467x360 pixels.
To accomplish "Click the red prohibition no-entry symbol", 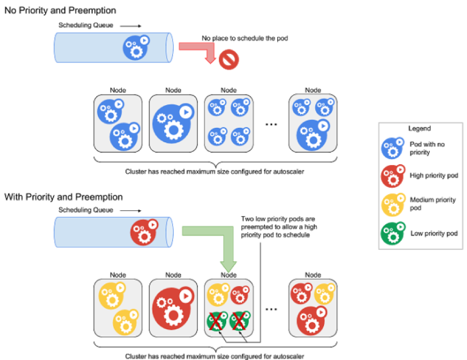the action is (x=229, y=60).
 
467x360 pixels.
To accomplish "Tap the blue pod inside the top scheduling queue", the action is (x=136, y=48).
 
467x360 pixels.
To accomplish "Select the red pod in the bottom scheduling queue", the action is (x=144, y=233).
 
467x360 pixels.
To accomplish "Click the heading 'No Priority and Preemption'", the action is (x=60, y=10).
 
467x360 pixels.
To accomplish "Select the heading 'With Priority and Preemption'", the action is (x=64, y=197).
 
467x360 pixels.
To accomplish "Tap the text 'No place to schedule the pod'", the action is (x=245, y=38).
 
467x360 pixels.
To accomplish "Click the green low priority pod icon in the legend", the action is (x=393, y=233).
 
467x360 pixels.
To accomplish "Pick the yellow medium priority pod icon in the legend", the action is (x=393, y=205).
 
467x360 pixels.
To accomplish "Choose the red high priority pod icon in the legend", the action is (x=393, y=176).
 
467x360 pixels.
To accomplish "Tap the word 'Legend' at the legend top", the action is (x=419, y=128).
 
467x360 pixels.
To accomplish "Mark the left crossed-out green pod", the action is (x=217, y=321).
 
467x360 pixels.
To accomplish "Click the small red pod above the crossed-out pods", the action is (x=240, y=295).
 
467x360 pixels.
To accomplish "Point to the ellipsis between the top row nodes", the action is (x=271, y=124).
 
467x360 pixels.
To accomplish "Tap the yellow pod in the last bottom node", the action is (x=325, y=294).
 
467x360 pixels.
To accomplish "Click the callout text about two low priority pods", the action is (x=279, y=227).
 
